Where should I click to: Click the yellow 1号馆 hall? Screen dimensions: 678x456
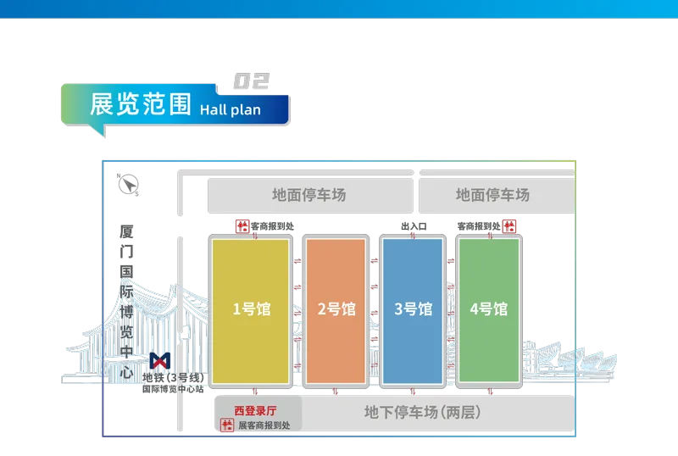pyautogui.click(x=250, y=309)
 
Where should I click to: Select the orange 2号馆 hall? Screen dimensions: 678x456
pyautogui.click(x=336, y=309)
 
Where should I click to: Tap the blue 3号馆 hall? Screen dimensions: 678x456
pyautogui.click(x=413, y=309)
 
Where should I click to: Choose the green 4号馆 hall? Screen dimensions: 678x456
pyautogui.click(x=488, y=309)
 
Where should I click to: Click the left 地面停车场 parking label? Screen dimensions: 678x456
pyautogui.click(x=308, y=195)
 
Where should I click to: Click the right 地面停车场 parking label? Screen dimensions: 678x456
pyautogui.click(x=492, y=195)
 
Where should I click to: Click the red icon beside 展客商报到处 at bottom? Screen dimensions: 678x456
pyautogui.click(x=227, y=425)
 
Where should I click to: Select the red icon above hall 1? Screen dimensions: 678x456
pyautogui.click(x=242, y=226)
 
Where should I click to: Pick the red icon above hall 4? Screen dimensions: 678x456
pyautogui.click(x=509, y=226)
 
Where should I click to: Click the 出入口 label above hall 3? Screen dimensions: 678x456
pyautogui.click(x=413, y=227)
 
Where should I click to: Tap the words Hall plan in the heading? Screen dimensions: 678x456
pyautogui.click(x=231, y=109)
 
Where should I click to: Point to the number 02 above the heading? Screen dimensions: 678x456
pyautogui.click(x=250, y=81)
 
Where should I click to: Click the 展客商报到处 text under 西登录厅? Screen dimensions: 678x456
pyautogui.click(x=264, y=425)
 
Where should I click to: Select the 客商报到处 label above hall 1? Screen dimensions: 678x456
pyautogui.click(x=272, y=226)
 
